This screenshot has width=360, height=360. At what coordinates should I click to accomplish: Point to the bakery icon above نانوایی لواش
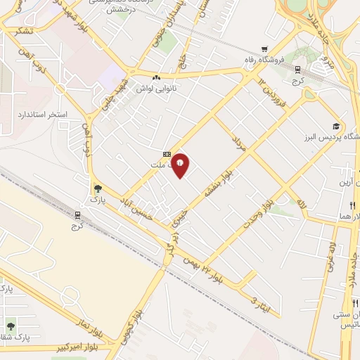(156, 77)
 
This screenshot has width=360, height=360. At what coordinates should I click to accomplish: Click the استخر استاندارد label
(44, 113)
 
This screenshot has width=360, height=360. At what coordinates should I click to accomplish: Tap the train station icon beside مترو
(297, 70)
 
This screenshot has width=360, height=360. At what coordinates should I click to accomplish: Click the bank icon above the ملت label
(167, 154)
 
